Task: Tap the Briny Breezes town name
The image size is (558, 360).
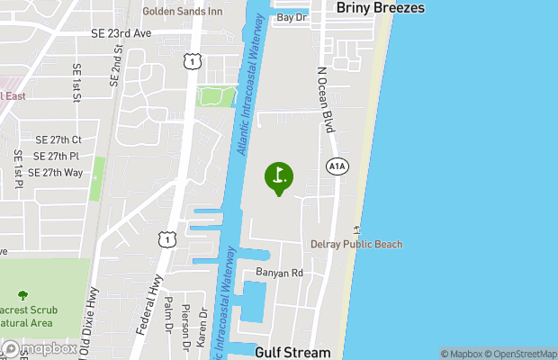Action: [380, 7]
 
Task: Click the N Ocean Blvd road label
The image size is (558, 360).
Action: [326, 100]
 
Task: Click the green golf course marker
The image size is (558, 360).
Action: [278, 175]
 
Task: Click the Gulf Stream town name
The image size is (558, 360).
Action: [292, 352]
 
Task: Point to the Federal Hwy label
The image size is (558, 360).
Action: [149, 307]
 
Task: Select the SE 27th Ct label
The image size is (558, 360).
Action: [58, 140]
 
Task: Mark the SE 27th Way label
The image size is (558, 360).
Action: [55, 172]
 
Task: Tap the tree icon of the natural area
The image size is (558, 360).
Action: [22, 294]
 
